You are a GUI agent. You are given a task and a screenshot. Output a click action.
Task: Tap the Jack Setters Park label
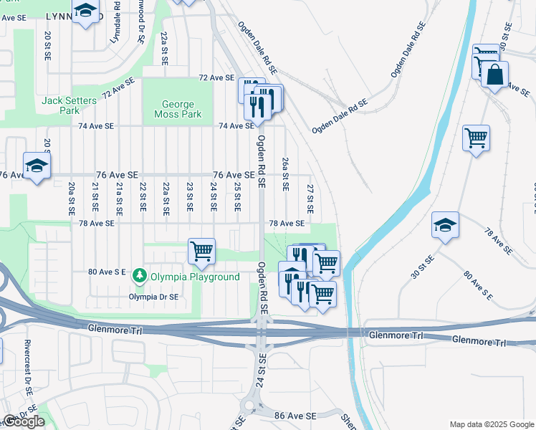click(69, 106)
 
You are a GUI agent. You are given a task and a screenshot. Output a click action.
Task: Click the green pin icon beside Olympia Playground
click(140, 276)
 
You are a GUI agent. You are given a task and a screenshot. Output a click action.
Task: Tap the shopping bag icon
click(494, 75)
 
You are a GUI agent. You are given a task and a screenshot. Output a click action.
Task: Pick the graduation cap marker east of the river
click(445, 226)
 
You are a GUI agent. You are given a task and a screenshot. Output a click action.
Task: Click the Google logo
click(23, 422)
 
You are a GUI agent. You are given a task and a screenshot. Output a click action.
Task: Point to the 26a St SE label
click(285, 174)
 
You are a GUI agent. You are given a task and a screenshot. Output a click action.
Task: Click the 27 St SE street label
click(310, 199)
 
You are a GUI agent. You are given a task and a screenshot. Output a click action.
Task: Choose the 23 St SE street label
click(190, 197)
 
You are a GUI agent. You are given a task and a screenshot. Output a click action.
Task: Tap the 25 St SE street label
click(236, 197)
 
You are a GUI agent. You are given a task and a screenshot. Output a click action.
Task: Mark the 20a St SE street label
click(72, 199)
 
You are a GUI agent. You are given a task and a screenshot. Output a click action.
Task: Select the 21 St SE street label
click(95, 197)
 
